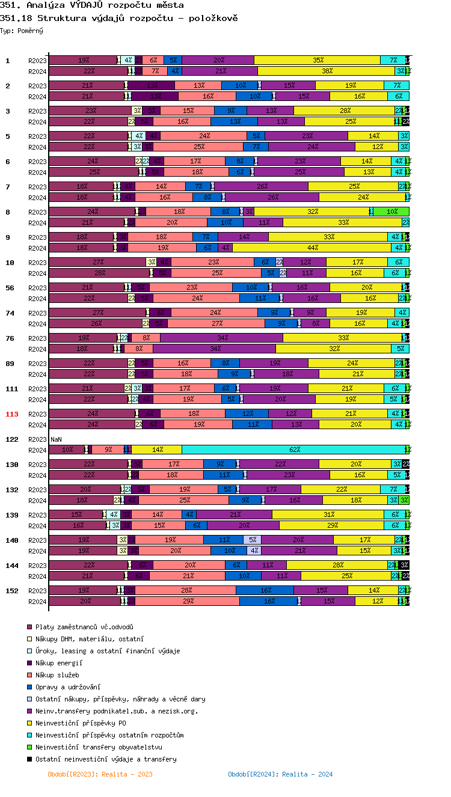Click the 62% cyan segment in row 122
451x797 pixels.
point(294,450)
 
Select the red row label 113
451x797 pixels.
point(12,414)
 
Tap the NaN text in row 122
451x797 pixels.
point(56,439)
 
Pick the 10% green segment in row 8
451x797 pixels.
point(391,212)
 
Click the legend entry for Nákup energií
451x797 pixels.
point(58,663)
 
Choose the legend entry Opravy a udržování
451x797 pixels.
point(67,687)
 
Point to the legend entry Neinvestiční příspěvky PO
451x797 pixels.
point(81,723)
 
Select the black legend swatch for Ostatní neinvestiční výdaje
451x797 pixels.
point(29,759)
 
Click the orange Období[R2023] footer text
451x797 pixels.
point(100,774)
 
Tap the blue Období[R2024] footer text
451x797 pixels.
point(280,774)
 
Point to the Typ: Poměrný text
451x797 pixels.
point(22,31)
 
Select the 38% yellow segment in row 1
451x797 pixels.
point(327,71)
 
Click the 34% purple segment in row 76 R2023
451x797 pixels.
point(221,338)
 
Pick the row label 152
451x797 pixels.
point(12,591)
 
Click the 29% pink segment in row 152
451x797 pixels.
point(187,601)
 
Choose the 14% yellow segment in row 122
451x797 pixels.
point(156,450)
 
